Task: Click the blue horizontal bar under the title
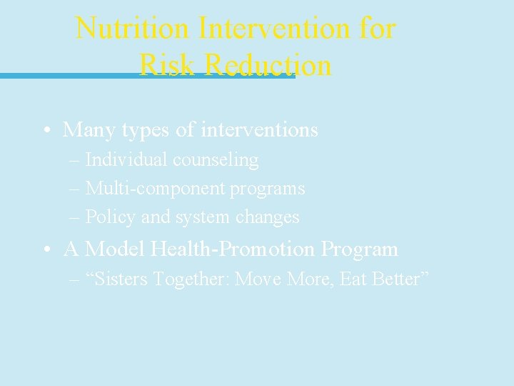tap(71, 75)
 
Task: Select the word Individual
tap(124, 160)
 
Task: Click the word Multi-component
tap(155, 189)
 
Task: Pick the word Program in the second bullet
tap(359, 249)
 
